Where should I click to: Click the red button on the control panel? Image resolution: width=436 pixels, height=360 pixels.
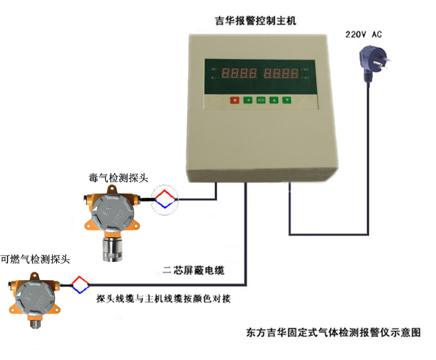(235, 99)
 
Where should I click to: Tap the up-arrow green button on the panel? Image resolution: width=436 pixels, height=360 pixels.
(274, 99)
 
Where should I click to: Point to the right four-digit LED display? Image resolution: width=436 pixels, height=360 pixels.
(284, 72)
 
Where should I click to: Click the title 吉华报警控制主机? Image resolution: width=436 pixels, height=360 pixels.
(255, 21)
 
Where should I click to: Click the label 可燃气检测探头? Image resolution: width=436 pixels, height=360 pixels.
(35, 259)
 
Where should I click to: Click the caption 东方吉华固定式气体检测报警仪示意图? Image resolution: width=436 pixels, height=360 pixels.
(334, 332)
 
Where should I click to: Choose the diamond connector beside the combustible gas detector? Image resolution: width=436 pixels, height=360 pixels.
(81, 284)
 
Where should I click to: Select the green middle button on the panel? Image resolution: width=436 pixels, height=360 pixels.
(261, 99)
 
